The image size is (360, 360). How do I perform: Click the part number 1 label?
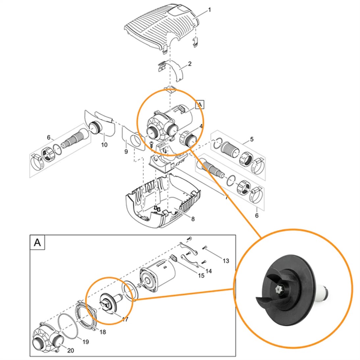[209, 10]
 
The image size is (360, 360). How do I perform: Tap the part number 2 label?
[190, 64]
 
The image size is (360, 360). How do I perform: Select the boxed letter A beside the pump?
[200, 105]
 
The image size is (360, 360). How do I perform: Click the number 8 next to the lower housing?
[193, 219]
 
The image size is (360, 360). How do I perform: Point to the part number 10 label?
[104, 144]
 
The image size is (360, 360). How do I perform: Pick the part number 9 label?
[126, 152]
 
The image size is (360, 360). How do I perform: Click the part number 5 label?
[251, 139]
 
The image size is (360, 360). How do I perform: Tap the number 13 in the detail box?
[226, 261]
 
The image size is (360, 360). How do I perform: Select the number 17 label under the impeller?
[125, 319]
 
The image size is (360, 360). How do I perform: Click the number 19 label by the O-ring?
[86, 342]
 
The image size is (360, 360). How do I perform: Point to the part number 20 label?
[70, 350]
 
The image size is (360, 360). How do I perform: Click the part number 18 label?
[103, 332]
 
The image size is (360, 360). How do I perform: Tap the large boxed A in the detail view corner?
[38, 243]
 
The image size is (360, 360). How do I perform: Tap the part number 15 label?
[201, 275]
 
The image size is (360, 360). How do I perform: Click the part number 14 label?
[209, 271]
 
